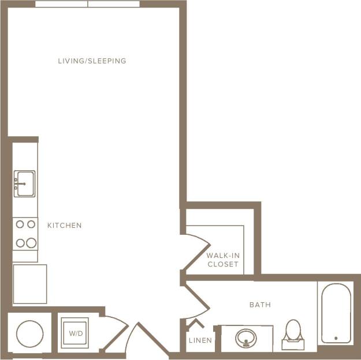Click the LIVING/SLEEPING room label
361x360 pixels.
(x=92, y=61)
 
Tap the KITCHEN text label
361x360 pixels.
(x=64, y=225)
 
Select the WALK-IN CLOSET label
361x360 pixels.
(x=222, y=260)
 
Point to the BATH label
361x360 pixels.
(x=260, y=305)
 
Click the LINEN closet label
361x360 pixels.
(x=200, y=340)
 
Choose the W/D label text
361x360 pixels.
(x=76, y=333)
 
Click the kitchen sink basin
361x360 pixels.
(x=24, y=183)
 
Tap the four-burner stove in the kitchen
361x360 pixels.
(x=25, y=233)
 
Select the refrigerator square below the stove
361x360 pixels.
(x=29, y=284)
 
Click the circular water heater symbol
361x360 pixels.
(x=29, y=333)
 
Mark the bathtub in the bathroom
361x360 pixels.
(x=336, y=313)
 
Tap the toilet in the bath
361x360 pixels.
(x=293, y=334)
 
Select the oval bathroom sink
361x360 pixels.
(x=247, y=337)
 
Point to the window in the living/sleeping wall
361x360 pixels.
(x=87, y=4)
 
